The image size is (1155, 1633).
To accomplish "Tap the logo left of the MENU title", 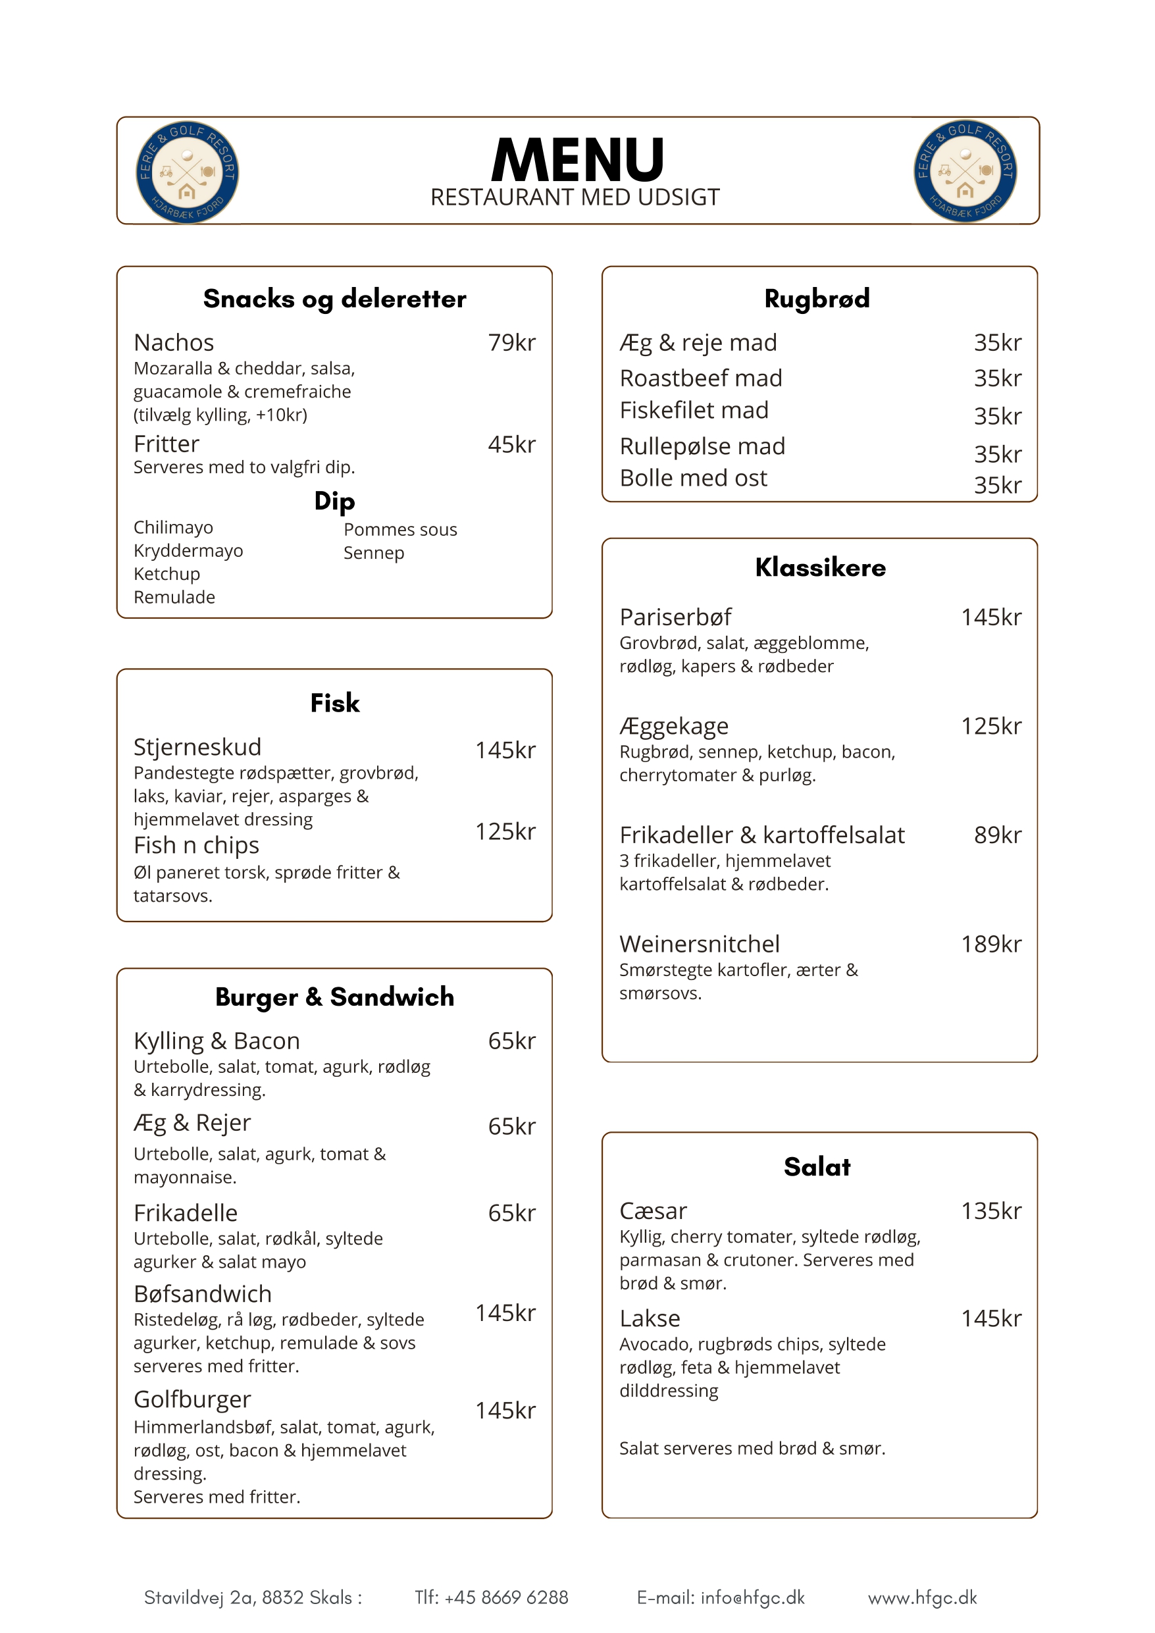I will coord(187,172).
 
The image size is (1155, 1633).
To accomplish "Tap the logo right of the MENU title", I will coord(965,170).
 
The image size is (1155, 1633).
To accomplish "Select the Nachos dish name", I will coord(174,343).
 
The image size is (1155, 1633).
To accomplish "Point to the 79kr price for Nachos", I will coord(511,343).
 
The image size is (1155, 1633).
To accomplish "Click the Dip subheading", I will coord(334,501).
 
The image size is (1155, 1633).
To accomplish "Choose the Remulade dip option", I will coord(174,597).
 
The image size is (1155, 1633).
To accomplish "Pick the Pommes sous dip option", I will coord(399,529).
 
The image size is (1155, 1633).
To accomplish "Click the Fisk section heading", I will coord(334,703).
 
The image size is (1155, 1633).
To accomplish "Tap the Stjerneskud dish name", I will coord(197,747).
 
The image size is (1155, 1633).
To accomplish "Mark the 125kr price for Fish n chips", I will coord(505,831).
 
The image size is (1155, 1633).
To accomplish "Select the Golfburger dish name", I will coord(192,1399).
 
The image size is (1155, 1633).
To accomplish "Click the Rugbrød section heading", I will coord(817,299).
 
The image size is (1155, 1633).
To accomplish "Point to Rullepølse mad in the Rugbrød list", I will coord(702,446).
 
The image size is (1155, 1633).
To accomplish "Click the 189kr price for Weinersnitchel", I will coord(990,944).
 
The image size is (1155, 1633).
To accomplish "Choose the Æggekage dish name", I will coord(673,725).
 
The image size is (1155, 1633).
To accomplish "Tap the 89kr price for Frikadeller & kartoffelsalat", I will coord(997,835).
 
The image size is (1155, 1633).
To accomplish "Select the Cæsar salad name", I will coord(653,1210).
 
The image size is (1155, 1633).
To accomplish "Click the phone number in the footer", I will coord(492,1597).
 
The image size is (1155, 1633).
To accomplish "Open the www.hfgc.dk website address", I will coord(923,1597).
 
